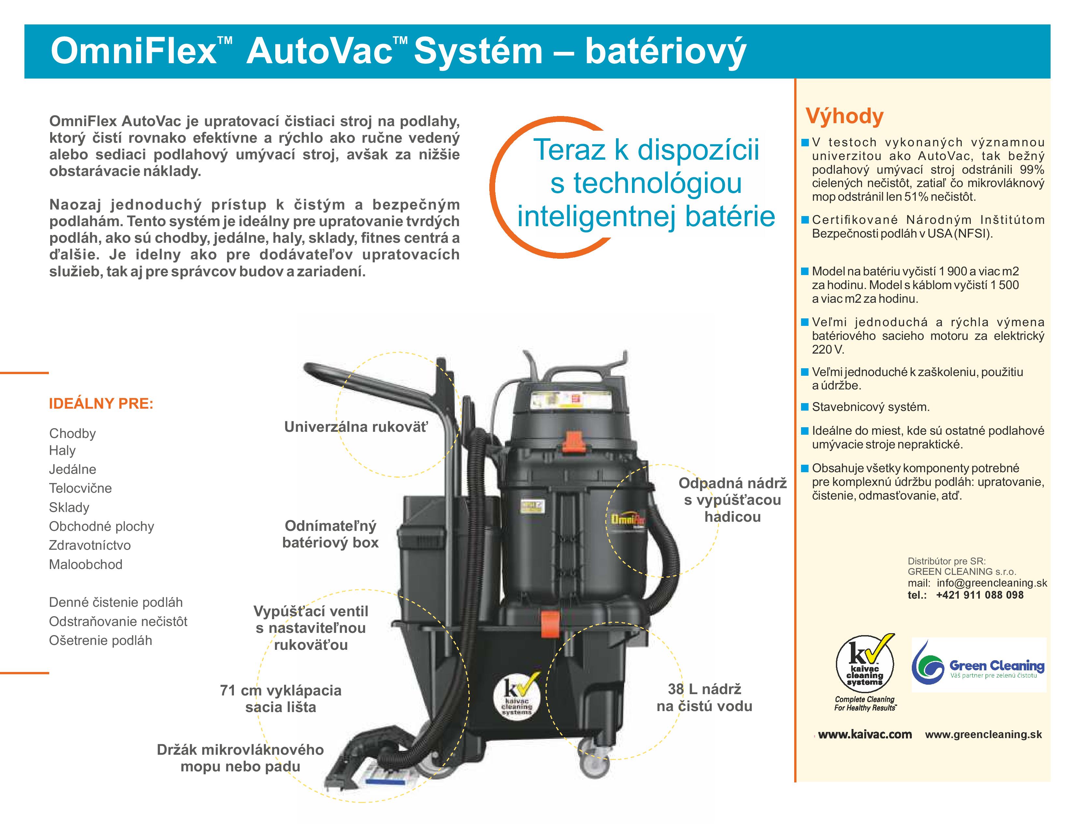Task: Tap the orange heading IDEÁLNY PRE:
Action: (101, 404)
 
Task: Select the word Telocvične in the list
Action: (80, 488)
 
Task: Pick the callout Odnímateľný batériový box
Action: (330, 534)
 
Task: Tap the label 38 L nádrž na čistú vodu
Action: (704, 698)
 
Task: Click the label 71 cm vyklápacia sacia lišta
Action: (280, 699)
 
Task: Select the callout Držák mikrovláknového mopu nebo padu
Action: (240, 758)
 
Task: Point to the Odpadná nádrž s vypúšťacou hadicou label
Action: (732, 500)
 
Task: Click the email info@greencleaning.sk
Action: (992, 583)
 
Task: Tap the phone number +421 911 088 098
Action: (980, 595)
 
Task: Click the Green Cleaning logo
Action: (979, 665)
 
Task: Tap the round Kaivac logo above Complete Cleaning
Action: (865, 664)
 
